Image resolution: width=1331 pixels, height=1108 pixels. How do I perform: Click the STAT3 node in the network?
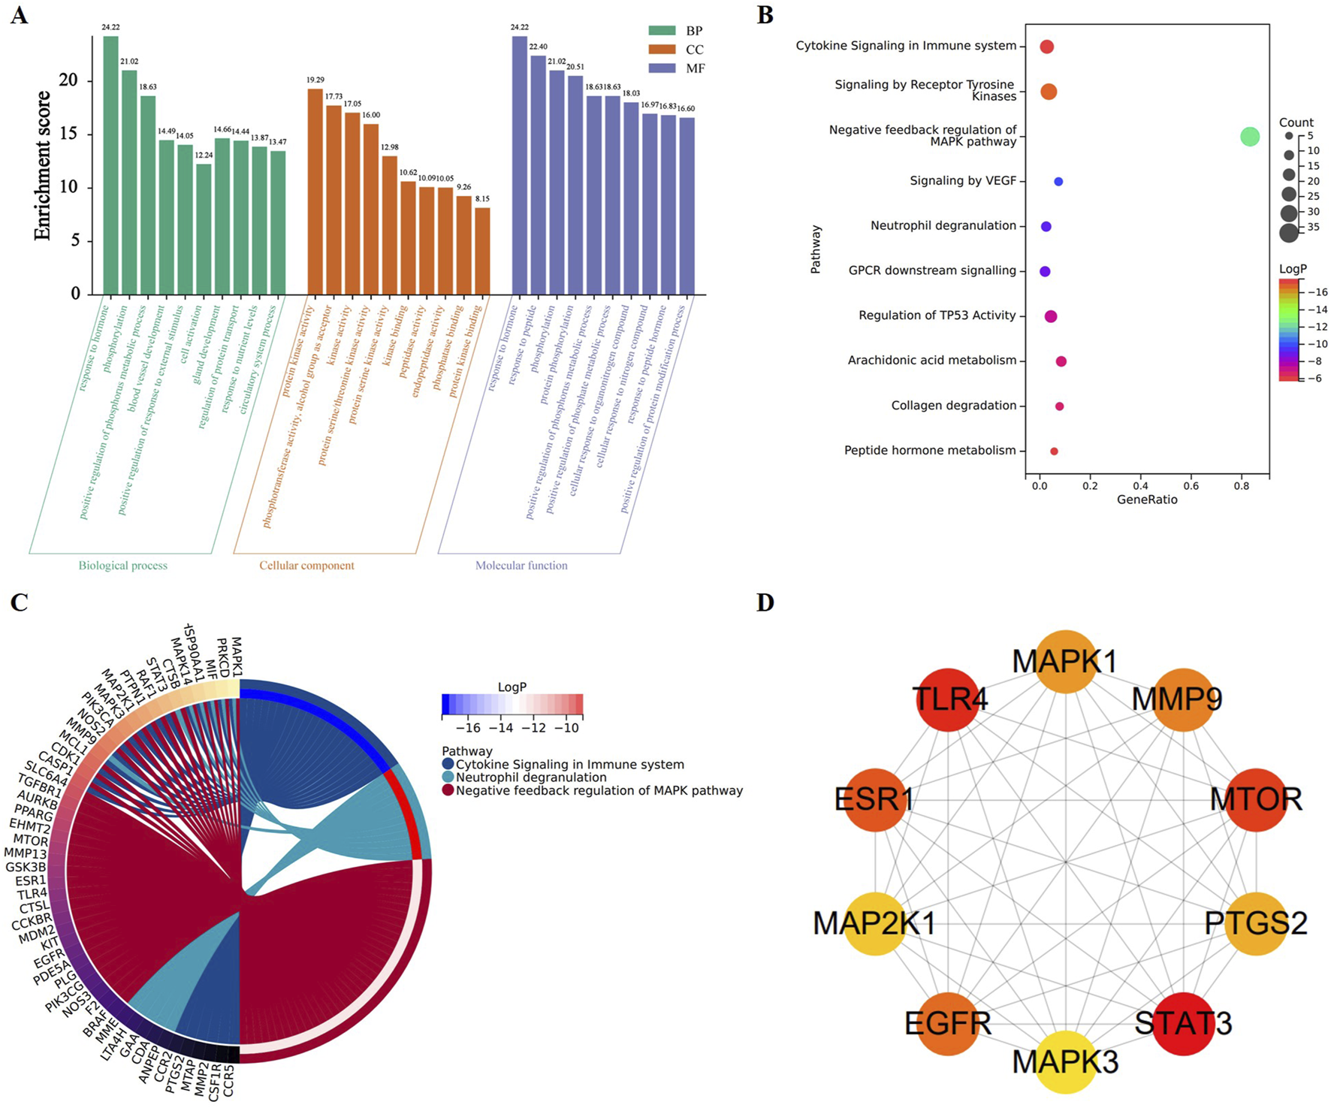[1183, 1024]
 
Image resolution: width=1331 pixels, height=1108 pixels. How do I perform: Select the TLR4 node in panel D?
[949, 699]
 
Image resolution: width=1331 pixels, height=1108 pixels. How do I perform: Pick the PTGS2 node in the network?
[1255, 923]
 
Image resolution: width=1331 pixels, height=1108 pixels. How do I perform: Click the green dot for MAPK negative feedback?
[1249, 137]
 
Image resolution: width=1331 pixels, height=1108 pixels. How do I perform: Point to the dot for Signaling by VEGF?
[1058, 181]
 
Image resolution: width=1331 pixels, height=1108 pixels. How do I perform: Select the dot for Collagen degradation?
[1059, 406]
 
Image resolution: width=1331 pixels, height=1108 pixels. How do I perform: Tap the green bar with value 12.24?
[204, 229]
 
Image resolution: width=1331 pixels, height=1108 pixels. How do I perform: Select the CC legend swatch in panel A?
[662, 50]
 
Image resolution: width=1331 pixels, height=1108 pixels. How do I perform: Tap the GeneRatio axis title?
[1146, 500]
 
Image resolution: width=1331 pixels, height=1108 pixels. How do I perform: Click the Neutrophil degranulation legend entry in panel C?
[530, 777]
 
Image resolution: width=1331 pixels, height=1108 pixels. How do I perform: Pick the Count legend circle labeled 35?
[1289, 232]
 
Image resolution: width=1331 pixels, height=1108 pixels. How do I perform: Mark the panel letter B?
[765, 15]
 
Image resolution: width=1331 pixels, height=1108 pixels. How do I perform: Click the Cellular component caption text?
[306, 566]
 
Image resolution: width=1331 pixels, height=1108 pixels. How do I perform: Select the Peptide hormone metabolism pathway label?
[929, 451]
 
